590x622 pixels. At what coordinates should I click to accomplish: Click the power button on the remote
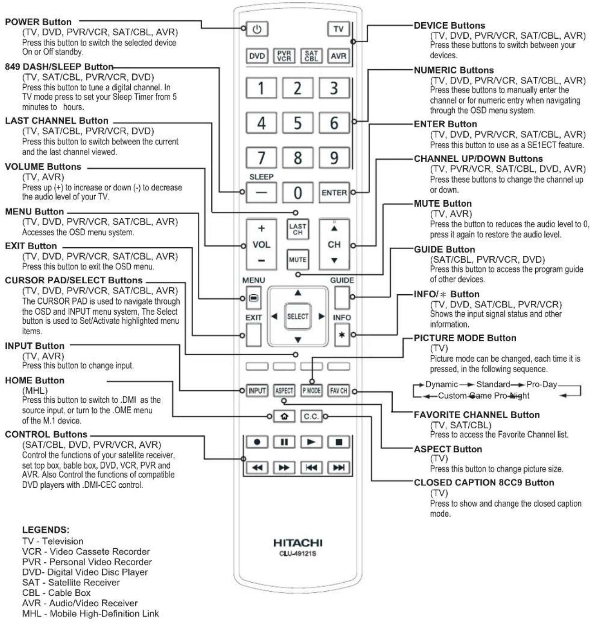click(x=257, y=29)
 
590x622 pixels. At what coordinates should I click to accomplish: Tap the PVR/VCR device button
click(x=284, y=56)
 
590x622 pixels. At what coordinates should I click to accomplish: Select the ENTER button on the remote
click(x=334, y=193)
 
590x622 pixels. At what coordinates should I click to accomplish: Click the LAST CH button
click(x=297, y=229)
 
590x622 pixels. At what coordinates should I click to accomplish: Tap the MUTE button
click(x=297, y=260)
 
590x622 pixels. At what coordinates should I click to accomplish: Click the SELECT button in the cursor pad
click(x=297, y=316)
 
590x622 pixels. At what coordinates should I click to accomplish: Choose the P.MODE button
click(x=311, y=391)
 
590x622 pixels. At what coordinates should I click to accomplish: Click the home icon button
click(x=284, y=416)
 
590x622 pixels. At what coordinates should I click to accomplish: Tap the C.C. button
click(x=311, y=416)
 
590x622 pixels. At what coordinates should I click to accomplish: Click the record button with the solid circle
click(x=257, y=442)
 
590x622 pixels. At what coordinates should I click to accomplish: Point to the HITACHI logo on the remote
click(x=298, y=543)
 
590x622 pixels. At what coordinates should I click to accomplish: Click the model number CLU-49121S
click(x=298, y=554)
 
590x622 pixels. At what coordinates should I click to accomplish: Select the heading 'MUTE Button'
click(x=443, y=203)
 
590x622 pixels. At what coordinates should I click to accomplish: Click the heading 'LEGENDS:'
click(x=46, y=530)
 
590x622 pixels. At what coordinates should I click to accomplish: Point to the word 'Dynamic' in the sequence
click(x=442, y=384)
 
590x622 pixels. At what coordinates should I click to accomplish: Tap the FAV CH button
click(x=338, y=391)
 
